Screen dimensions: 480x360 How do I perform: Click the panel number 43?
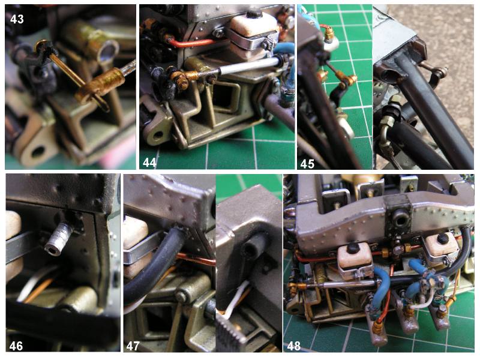click(x=17, y=19)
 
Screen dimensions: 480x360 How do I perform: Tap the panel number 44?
click(x=149, y=163)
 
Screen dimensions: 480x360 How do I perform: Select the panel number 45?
click(x=307, y=164)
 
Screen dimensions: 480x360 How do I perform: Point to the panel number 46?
click(x=16, y=346)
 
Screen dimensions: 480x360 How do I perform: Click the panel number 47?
click(x=133, y=346)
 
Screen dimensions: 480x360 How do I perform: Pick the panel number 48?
click(x=293, y=346)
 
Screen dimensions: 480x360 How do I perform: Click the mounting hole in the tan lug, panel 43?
click(x=38, y=152)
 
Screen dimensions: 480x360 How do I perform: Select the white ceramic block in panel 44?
click(x=253, y=36)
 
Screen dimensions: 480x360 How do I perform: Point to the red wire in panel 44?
click(x=190, y=43)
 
